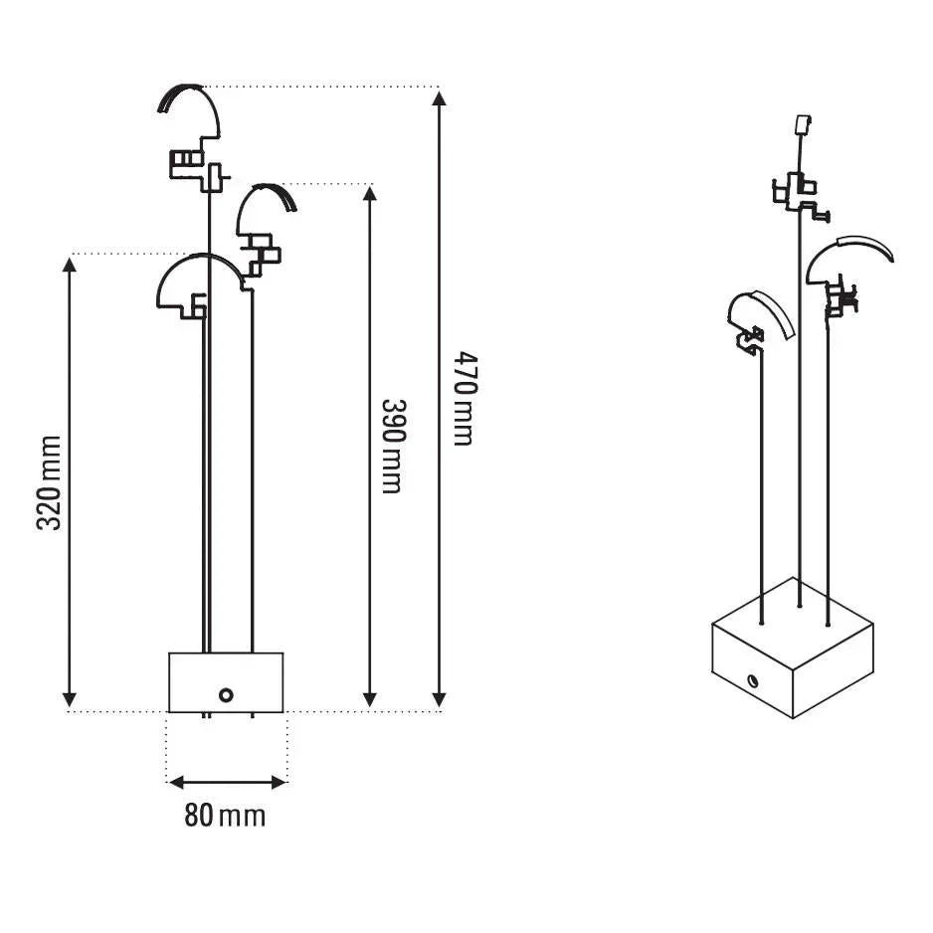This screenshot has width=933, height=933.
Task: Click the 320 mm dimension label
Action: (x=49, y=482)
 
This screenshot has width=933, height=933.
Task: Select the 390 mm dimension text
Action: (x=393, y=447)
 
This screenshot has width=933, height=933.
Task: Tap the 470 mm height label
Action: (x=466, y=399)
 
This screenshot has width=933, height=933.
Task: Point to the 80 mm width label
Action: (x=225, y=816)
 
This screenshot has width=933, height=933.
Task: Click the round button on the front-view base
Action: (x=226, y=694)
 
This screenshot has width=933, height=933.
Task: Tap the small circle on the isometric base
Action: (x=753, y=679)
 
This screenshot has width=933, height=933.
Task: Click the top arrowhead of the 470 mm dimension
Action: (x=439, y=97)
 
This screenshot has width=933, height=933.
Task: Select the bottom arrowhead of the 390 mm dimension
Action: (x=370, y=699)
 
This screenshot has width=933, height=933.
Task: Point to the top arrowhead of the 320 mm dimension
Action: (x=70, y=265)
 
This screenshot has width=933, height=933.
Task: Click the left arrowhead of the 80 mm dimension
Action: (x=177, y=782)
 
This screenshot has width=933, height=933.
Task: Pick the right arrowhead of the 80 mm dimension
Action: (x=280, y=782)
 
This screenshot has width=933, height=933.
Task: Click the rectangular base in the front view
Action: (x=226, y=682)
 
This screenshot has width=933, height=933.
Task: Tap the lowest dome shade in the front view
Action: (x=200, y=259)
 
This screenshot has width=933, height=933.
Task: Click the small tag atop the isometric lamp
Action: (x=804, y=124)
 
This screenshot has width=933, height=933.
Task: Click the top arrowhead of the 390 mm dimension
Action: (x=370, y=195)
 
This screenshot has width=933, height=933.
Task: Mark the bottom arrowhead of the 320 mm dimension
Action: (x=70, y=699)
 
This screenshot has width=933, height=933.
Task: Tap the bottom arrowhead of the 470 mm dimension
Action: (x=439, y=699)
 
